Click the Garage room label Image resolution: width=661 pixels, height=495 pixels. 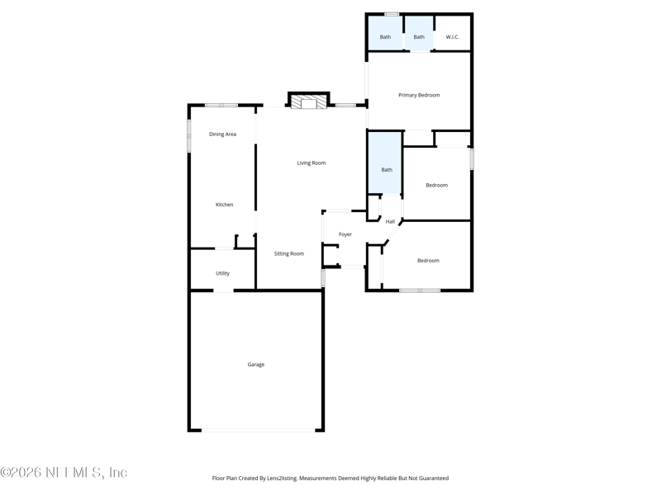point(256,365)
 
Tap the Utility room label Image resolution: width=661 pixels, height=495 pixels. point(222,273)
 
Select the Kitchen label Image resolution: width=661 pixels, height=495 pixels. point(224,205)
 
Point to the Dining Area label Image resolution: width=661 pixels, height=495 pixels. point(222,134)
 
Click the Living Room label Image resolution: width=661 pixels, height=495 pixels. point(311,163)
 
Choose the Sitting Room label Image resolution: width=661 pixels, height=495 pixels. point(289,253)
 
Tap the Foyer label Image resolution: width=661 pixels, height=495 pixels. point(345,234)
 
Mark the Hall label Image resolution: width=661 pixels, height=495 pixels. point(390,221)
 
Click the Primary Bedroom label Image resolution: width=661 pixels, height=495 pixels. point(419,95)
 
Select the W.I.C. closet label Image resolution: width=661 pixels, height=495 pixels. point(452,37)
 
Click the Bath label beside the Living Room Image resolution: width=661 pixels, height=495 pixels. point(386,170)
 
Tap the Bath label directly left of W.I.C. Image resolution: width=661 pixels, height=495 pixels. point(419,37)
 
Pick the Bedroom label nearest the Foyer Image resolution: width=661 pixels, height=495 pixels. point(428,261)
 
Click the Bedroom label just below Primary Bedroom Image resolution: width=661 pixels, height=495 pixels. point(436,185)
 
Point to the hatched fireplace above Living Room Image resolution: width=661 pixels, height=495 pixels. point(308,103)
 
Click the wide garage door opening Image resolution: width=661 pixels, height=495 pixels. point(259,430)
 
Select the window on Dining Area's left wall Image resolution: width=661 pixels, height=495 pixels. point(189,136)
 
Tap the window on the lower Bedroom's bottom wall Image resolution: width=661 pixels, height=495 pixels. point(419,290)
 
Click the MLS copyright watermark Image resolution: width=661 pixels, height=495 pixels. point(64,473)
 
